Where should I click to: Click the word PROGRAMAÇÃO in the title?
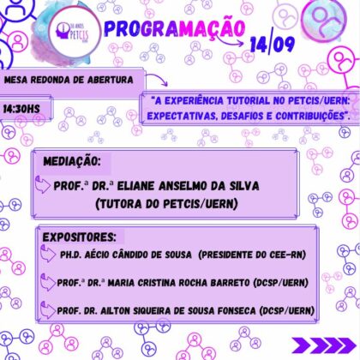[175, 28]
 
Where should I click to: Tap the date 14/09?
[273, 44]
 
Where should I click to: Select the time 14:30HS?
[21, 109]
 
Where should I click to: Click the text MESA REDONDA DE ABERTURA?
[69, 80]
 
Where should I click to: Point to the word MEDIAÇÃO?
[72, 162]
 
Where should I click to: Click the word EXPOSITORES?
[79, 237]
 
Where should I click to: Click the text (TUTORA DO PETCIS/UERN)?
[167, 204]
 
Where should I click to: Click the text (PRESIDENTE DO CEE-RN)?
[252, 255]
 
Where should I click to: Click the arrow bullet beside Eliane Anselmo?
[43, 184]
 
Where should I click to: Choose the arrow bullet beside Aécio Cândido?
[48, 254]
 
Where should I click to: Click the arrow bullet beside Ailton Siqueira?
[48, 310]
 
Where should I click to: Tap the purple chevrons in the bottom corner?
[324, 345]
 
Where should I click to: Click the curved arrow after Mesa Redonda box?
[158, 80]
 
